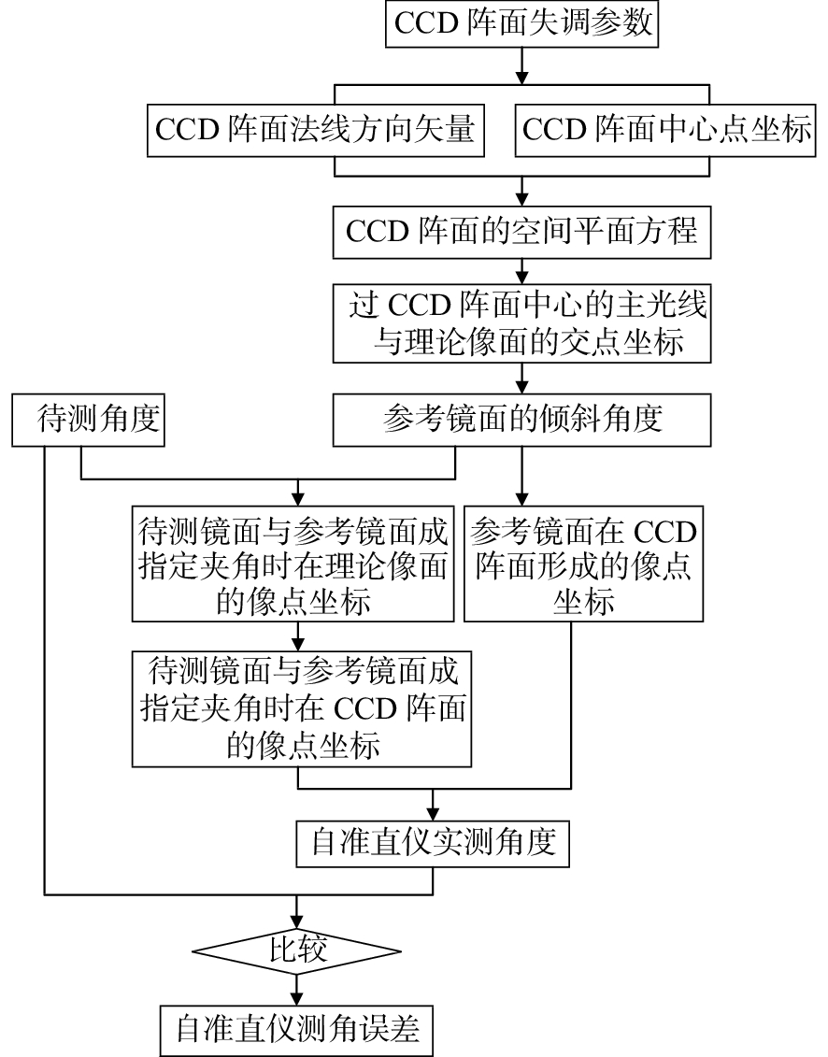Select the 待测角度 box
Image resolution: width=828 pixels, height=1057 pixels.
[89, 419]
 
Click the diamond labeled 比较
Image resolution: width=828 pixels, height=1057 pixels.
[298, 952]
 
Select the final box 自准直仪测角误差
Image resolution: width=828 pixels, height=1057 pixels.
[298, 1030]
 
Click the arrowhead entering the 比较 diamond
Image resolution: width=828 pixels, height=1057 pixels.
[298, 920]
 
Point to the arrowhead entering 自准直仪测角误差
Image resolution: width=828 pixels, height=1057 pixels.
[298, 997]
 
